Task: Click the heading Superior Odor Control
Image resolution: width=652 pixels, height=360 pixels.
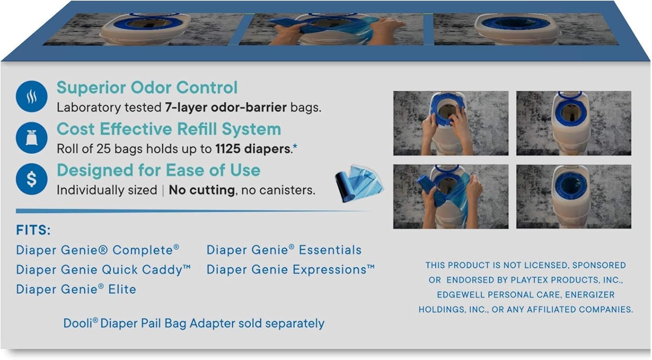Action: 147,87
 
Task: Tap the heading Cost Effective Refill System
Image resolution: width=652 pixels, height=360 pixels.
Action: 169,129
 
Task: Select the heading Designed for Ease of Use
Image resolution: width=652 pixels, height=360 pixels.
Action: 158,170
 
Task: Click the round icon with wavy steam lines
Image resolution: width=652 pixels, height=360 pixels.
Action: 31,97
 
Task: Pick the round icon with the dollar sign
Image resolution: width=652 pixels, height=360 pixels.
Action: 31,179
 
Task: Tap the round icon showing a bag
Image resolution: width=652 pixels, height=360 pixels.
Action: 31,138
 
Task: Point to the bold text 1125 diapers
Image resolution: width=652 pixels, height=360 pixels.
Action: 253,149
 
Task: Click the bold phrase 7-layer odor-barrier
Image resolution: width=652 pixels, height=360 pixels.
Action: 226,107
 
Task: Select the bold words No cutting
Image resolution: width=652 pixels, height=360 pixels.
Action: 202,190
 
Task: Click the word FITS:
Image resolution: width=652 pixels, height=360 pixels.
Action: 33,230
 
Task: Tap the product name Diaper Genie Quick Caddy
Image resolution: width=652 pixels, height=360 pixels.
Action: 103,270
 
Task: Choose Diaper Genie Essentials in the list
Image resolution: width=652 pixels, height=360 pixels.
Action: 284,250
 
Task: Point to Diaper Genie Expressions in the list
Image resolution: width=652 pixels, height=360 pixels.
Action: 290,270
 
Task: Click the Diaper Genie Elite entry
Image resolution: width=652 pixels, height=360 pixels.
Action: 76,289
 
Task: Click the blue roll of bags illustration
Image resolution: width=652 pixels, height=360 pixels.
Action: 359,183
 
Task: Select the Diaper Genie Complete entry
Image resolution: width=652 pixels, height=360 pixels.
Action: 97,250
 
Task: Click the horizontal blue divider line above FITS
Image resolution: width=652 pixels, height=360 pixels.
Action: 192,211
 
